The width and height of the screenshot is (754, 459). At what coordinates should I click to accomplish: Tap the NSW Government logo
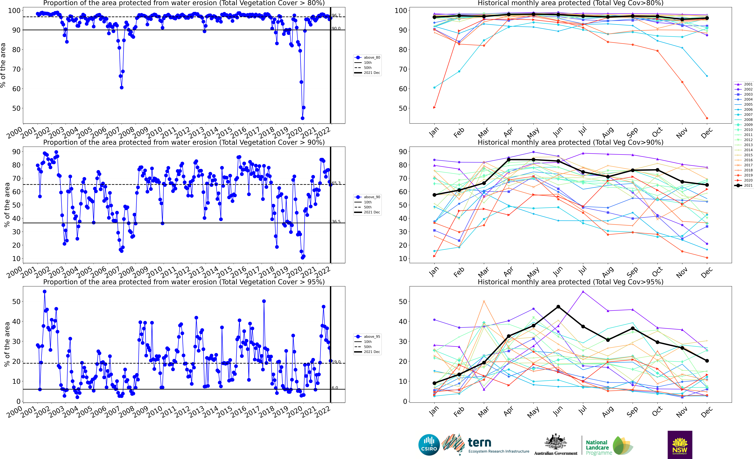tap(680, 445)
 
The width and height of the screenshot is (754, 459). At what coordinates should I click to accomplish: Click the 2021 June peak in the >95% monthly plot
tap(558, 307)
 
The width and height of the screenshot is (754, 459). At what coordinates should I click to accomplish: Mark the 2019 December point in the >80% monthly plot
tap(707, 118)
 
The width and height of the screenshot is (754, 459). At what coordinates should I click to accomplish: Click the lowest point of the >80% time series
tap(302, 118)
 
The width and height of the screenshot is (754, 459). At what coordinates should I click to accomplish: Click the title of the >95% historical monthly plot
tap(570, 282)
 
